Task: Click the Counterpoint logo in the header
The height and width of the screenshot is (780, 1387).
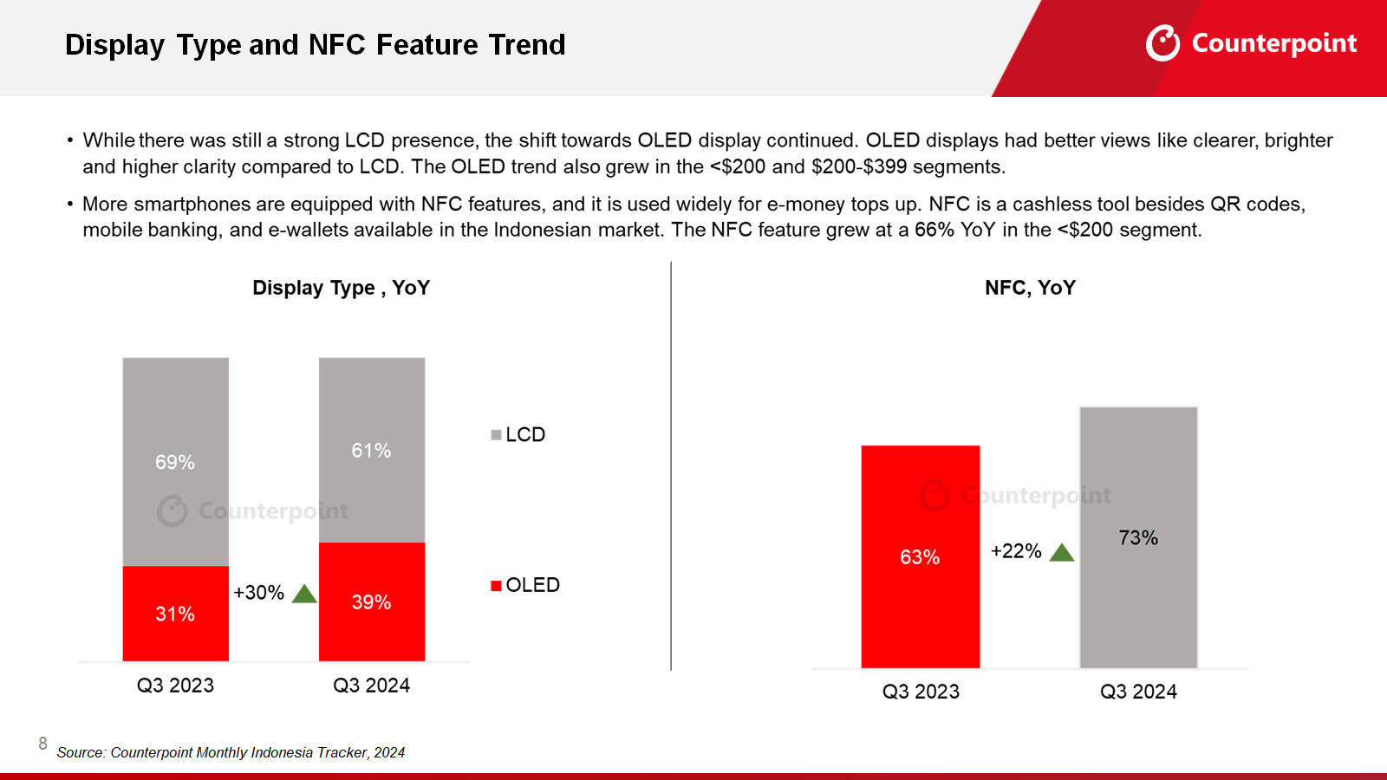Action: pyautogui.click(x=1251, y=42)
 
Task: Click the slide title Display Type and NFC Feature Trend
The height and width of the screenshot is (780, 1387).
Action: pyautogui.click(x=315, y=44)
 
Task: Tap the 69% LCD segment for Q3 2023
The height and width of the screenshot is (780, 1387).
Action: pyautogui.click(x=175, y=462)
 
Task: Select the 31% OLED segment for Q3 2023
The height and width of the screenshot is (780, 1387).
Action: pyautogui.click(x=175, y=614)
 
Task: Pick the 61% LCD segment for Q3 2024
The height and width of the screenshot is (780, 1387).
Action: pyautogui.click(x=371, y=450)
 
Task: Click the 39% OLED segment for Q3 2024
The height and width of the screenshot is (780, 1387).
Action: pyautogui.click(x=371, y=602)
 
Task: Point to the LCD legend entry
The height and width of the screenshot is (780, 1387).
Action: pyautogui.click(x=518, y=434)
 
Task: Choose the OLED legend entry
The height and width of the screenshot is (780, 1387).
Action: pyautogui.click(x=525, y=585)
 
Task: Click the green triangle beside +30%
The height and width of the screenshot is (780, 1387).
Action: pyautogui.click(x=304, y=594)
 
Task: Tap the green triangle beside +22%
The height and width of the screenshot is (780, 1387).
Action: pyautogui.click(x=1062, y=553)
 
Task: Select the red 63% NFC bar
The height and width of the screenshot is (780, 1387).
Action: pyautogui.click(x=920, y=556)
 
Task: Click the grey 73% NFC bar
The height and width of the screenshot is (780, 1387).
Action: pyautogui.click(x=1138, y=537)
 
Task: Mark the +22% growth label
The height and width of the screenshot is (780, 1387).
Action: pyautogui.click(x=1016, y=551)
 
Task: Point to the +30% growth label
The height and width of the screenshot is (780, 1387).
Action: pyautogui.click(x=258, y=593)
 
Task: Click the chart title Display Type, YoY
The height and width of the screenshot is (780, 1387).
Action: pyautogui.click(x=341, y=288)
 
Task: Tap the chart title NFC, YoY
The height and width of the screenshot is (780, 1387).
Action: pyautogui.click(x=1030, y=288)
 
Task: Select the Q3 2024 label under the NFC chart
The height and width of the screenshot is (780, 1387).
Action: pyautogui.click(x=1138, y=692)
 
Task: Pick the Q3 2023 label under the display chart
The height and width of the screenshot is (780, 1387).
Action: pyautogui.click(x=175, y=686)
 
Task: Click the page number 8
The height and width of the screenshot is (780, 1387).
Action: pyautogui.click(x=42, y=744)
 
